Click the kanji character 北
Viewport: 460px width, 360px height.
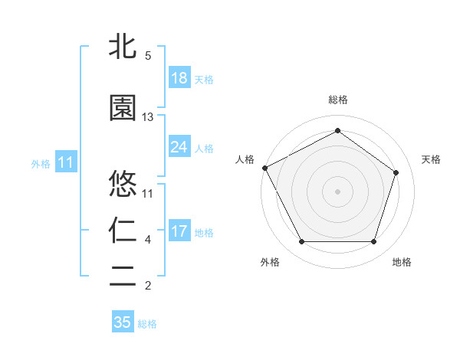coord(123,47)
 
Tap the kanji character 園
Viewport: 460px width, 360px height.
coord(123,108)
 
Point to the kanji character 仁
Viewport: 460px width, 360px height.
coord(123,231)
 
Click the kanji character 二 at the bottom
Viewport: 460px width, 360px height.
coord(123,277)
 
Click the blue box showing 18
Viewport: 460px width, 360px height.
coord(179,78)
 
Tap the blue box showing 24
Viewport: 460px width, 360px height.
coord(179,147)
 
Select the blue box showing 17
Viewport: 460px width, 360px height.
coord(179,231)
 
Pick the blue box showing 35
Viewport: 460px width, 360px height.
coord(123,322)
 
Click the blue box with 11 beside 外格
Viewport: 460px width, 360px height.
coord(65,162)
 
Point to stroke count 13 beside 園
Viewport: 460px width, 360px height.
coord(148,117)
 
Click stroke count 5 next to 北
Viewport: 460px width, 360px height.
coord(148,56)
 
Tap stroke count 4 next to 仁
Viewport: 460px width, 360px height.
coord(148,240)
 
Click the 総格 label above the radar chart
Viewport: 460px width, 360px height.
coord(337,100)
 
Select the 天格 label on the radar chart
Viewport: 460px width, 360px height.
coord(431,159)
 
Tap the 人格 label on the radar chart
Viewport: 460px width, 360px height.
coord(245,159)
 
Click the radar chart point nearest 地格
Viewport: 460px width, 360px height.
coord(373,242)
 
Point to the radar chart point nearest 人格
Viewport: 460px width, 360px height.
coord(264,168)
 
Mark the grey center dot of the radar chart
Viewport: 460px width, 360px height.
coord(337,191)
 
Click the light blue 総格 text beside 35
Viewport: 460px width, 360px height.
coord(147,324)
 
